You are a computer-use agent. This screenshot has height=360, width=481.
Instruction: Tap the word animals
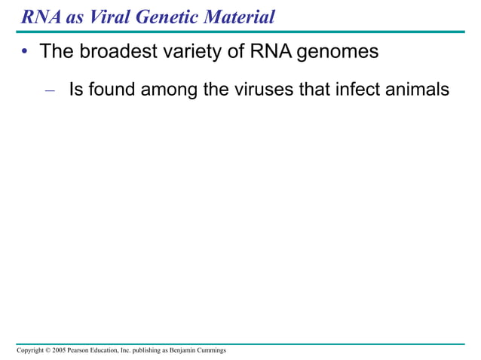[x=424, y=90]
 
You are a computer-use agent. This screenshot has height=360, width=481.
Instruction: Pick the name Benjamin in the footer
[x=185, y=351]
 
